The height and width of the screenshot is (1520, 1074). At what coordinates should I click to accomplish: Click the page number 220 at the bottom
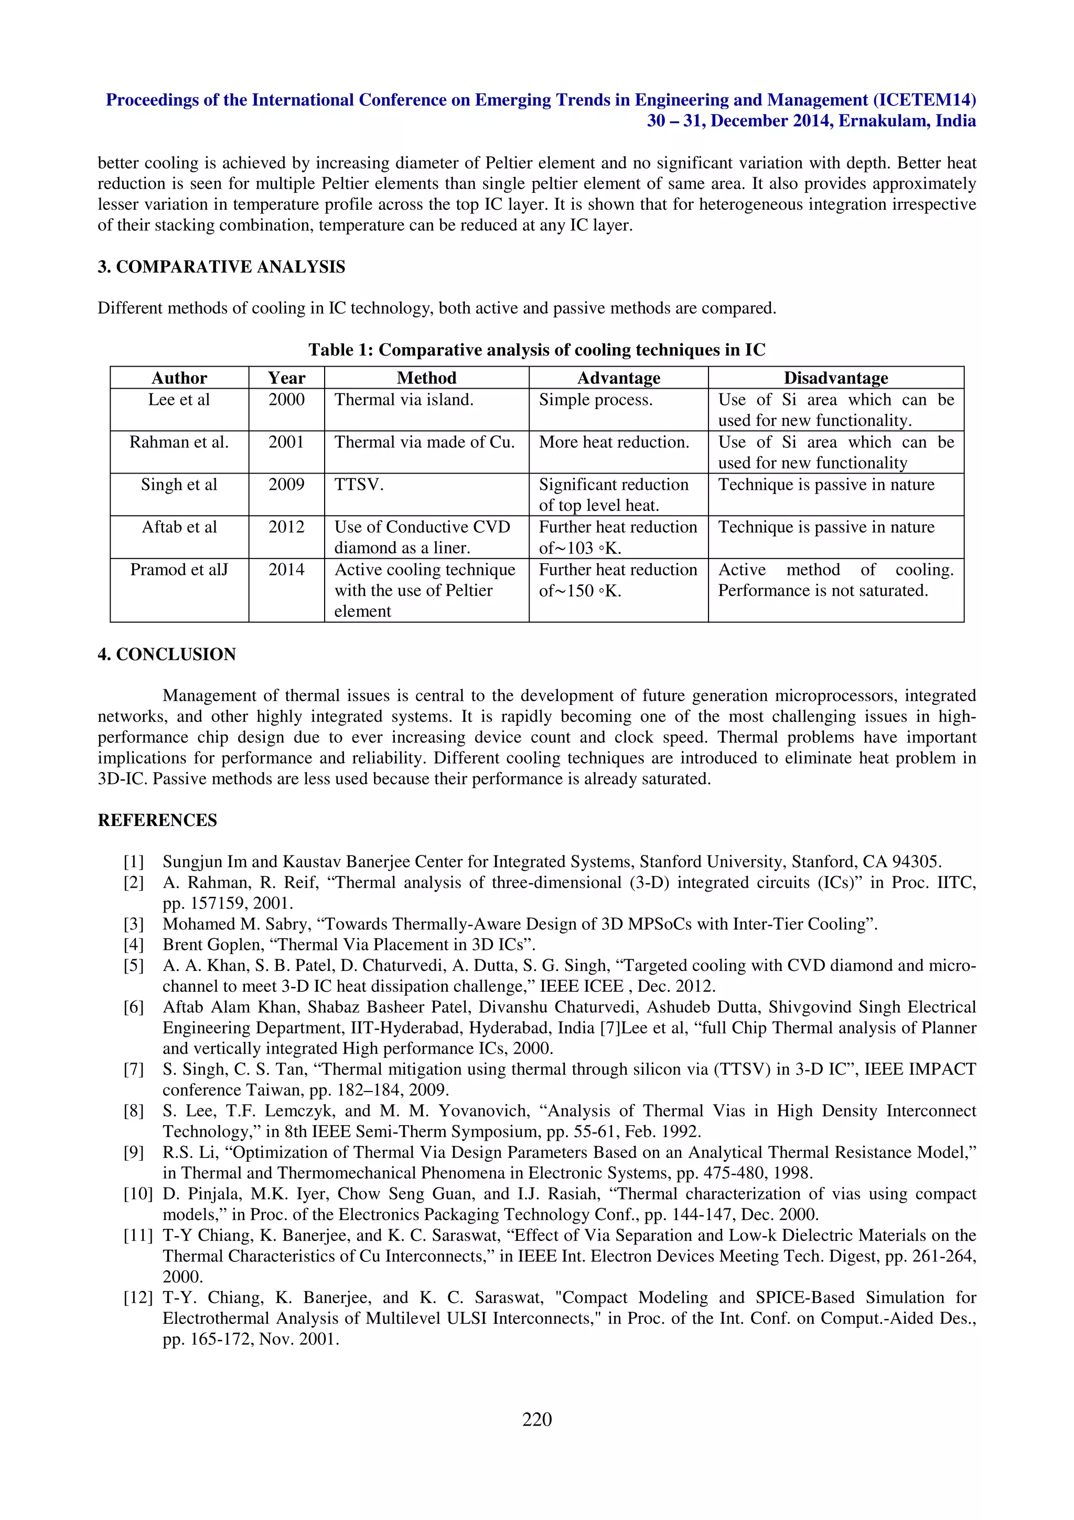[536, 1419]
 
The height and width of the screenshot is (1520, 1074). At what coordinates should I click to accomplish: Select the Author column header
[179, 378]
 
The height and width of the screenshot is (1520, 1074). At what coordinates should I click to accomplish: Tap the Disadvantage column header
[836, 378]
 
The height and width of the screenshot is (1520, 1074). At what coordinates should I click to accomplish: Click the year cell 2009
[286, 485]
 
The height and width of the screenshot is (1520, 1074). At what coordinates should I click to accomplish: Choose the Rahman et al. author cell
[179, 442]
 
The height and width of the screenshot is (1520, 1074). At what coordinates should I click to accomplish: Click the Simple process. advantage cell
[596, 400]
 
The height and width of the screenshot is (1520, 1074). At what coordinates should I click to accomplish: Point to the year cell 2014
[286, 570]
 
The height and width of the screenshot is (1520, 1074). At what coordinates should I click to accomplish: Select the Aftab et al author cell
[179, 527]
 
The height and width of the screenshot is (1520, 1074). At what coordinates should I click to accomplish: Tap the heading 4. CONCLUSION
[167, 654]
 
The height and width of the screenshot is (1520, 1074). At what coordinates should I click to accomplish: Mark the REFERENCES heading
[157, 820]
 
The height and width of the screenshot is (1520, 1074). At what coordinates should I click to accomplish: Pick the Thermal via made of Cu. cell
[424, 442]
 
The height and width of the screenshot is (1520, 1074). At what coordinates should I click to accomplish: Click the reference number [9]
[134, 1152]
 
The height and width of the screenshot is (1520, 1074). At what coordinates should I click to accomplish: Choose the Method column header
[426, 378]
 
